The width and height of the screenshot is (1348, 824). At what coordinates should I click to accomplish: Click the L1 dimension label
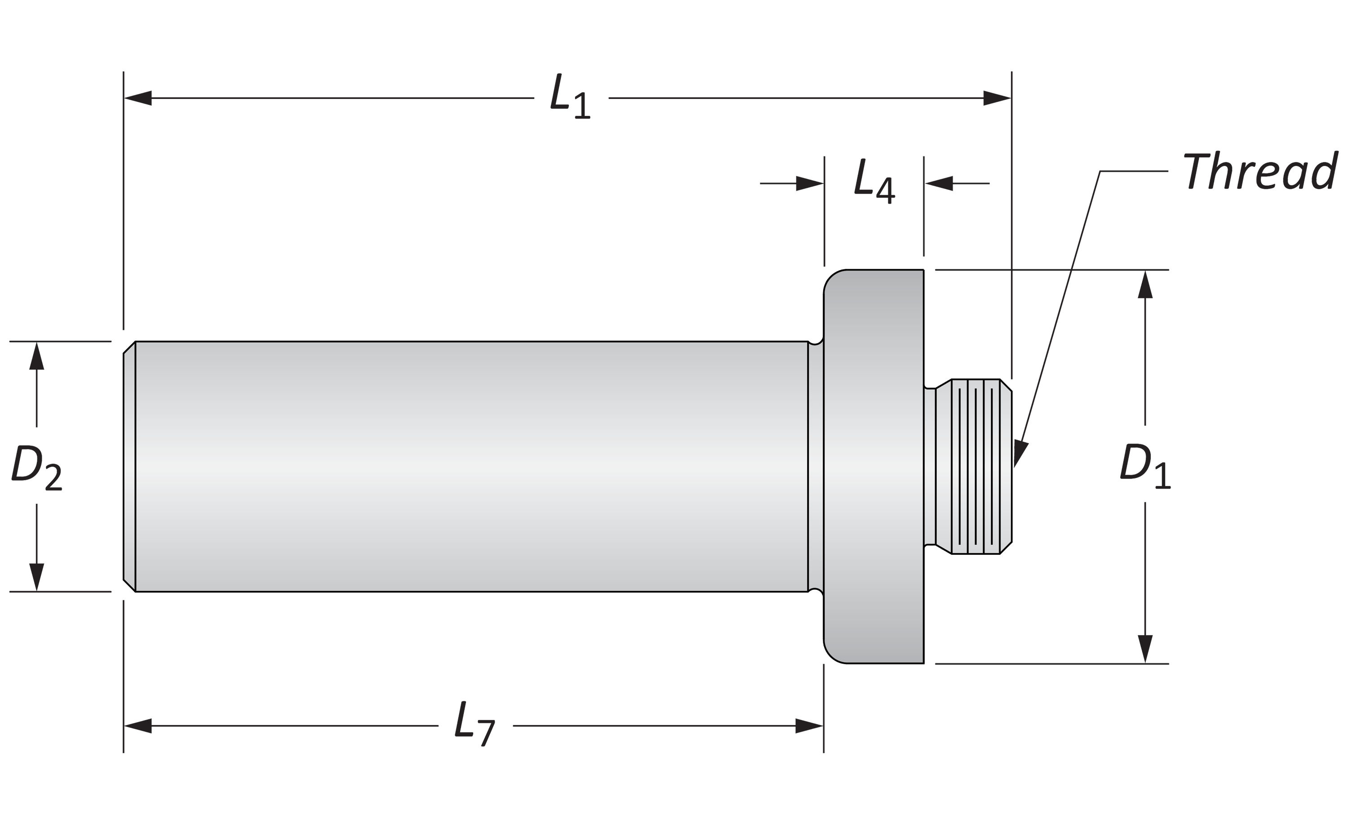pos(571,97)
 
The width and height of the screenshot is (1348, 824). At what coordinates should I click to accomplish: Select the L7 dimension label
pos(474,724)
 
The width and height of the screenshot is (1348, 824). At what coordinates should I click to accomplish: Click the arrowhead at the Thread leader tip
pos(1020,454)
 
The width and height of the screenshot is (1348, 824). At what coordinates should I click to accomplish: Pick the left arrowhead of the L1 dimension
pos(138,98)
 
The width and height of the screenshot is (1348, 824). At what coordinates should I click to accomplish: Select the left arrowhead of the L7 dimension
pos(138,726)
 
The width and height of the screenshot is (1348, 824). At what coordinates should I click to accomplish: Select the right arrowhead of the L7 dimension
pos(809,726)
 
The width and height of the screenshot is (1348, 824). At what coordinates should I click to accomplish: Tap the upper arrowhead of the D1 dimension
pos(1145,285)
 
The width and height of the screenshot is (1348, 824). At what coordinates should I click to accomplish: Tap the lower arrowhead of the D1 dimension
pos(1145,649)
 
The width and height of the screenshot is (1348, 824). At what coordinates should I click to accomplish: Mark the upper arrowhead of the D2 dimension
pos(37,356)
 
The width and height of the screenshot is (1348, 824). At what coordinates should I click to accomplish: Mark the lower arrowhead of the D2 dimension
pos(37,577)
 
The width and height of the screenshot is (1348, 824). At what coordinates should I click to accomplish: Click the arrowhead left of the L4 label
pos(810,183)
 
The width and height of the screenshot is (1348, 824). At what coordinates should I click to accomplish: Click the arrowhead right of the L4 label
pos(939,183)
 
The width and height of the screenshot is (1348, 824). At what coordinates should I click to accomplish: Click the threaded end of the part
pos(974,466)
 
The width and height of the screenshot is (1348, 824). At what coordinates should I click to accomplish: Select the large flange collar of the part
pos(874,466)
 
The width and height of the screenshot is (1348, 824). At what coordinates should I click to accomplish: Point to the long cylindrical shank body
pos(472,466)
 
